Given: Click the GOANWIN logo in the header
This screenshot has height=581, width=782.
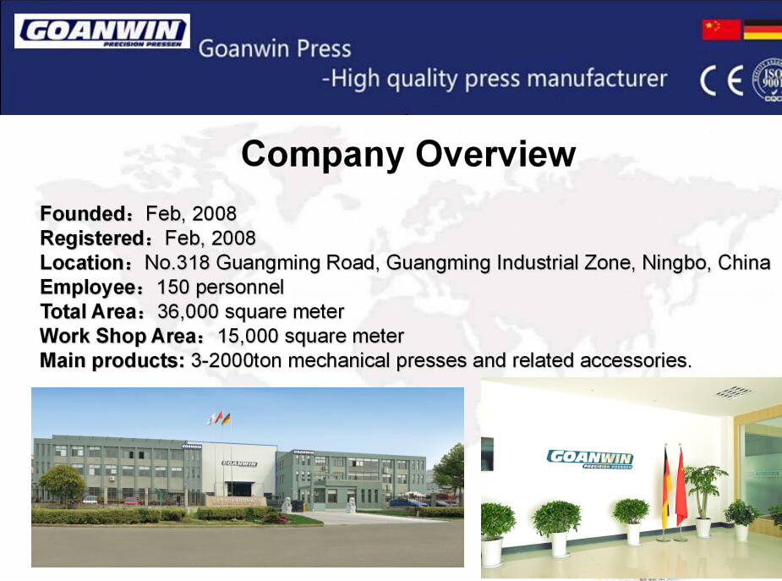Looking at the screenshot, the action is [102, 31].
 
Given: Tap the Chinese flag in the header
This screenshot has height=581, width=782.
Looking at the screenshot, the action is [721, 30].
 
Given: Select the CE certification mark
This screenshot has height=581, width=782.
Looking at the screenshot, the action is [721, 80].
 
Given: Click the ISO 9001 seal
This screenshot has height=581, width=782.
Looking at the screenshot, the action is [768, 79].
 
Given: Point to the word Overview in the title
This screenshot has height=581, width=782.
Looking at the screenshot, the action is [495, 154].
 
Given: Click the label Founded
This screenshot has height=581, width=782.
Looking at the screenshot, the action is [85, 214].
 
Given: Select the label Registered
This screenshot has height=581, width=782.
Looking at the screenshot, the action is [95, 238].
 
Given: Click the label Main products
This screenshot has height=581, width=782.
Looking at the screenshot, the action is [112, 360].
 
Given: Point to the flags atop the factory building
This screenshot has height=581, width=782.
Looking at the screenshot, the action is [219, 418].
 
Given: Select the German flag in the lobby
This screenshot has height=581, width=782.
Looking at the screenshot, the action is [666, 486].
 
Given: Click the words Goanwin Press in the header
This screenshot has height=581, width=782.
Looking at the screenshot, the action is [275, 49].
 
